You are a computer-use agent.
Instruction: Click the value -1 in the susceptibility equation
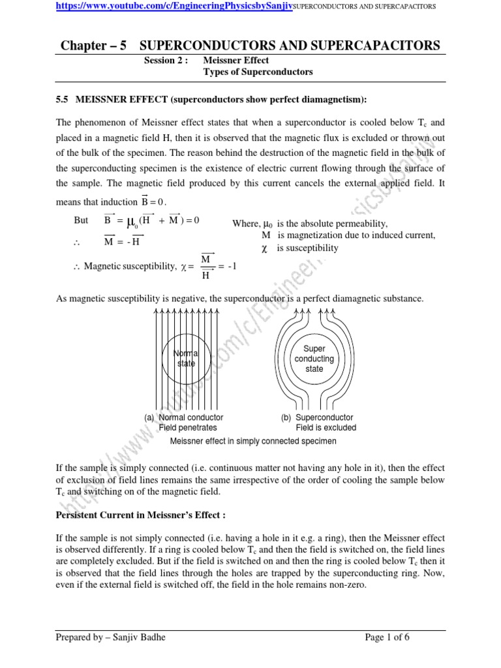232,266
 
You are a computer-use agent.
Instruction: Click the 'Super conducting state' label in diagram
314,359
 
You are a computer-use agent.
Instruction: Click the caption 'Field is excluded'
326,428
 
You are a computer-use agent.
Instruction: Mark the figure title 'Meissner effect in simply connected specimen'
253,442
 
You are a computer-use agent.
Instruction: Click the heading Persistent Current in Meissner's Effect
141,515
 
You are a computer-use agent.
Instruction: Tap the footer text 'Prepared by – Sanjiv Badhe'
112,637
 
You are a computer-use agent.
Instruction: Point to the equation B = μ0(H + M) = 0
151,220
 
